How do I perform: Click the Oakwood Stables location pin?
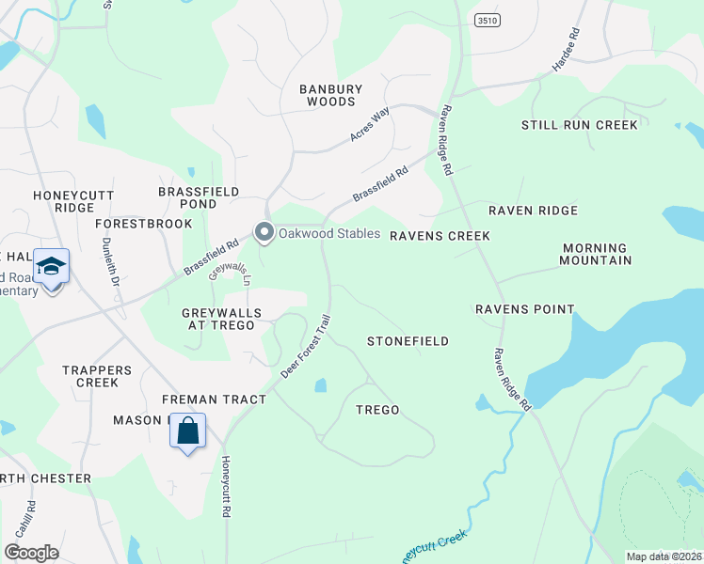coord(264,232)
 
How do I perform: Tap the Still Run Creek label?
coord(580,125)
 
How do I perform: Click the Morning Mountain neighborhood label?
coord(595,254)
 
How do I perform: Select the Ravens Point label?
coord(524,308)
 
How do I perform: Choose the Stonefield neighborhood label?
coord(408,341)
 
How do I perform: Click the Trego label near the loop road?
coord(377,410)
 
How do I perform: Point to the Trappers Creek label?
coord(90,376)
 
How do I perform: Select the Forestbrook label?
coord(143,224)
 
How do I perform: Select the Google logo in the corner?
coord(31,552)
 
